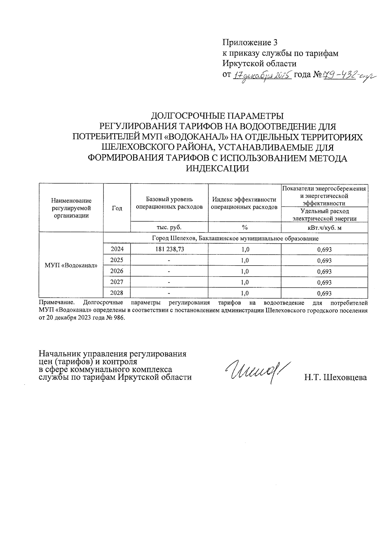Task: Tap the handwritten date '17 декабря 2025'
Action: [x=261, y=76]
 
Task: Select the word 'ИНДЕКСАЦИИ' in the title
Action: [x=218, y=168]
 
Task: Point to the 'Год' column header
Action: [x=117, y=208]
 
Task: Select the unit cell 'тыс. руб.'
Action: [x=169, y=227]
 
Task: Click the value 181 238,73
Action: [x=169, y=249]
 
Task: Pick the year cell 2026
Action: [x=117, y=271]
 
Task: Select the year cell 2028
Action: [x=117, y=293]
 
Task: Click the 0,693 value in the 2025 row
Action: [x=324, y=260]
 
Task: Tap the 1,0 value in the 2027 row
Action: [x=244, y=282]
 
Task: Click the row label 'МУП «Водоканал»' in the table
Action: [x=71, y=266]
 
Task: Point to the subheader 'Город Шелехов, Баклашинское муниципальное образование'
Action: [x=235, y=238]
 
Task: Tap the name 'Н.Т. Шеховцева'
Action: [x=336, y=377]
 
